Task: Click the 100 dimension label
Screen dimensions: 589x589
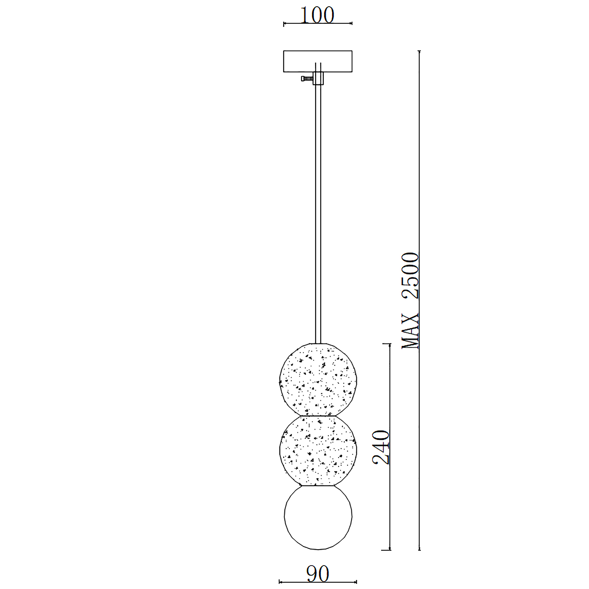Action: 317,15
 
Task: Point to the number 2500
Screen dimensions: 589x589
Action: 411,276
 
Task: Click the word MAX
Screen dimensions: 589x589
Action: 411,331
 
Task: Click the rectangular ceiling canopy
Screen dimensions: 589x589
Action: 318,61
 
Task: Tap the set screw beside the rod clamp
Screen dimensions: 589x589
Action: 307,78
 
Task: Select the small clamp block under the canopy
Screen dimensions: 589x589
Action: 318,78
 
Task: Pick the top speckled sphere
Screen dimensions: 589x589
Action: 318,380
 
